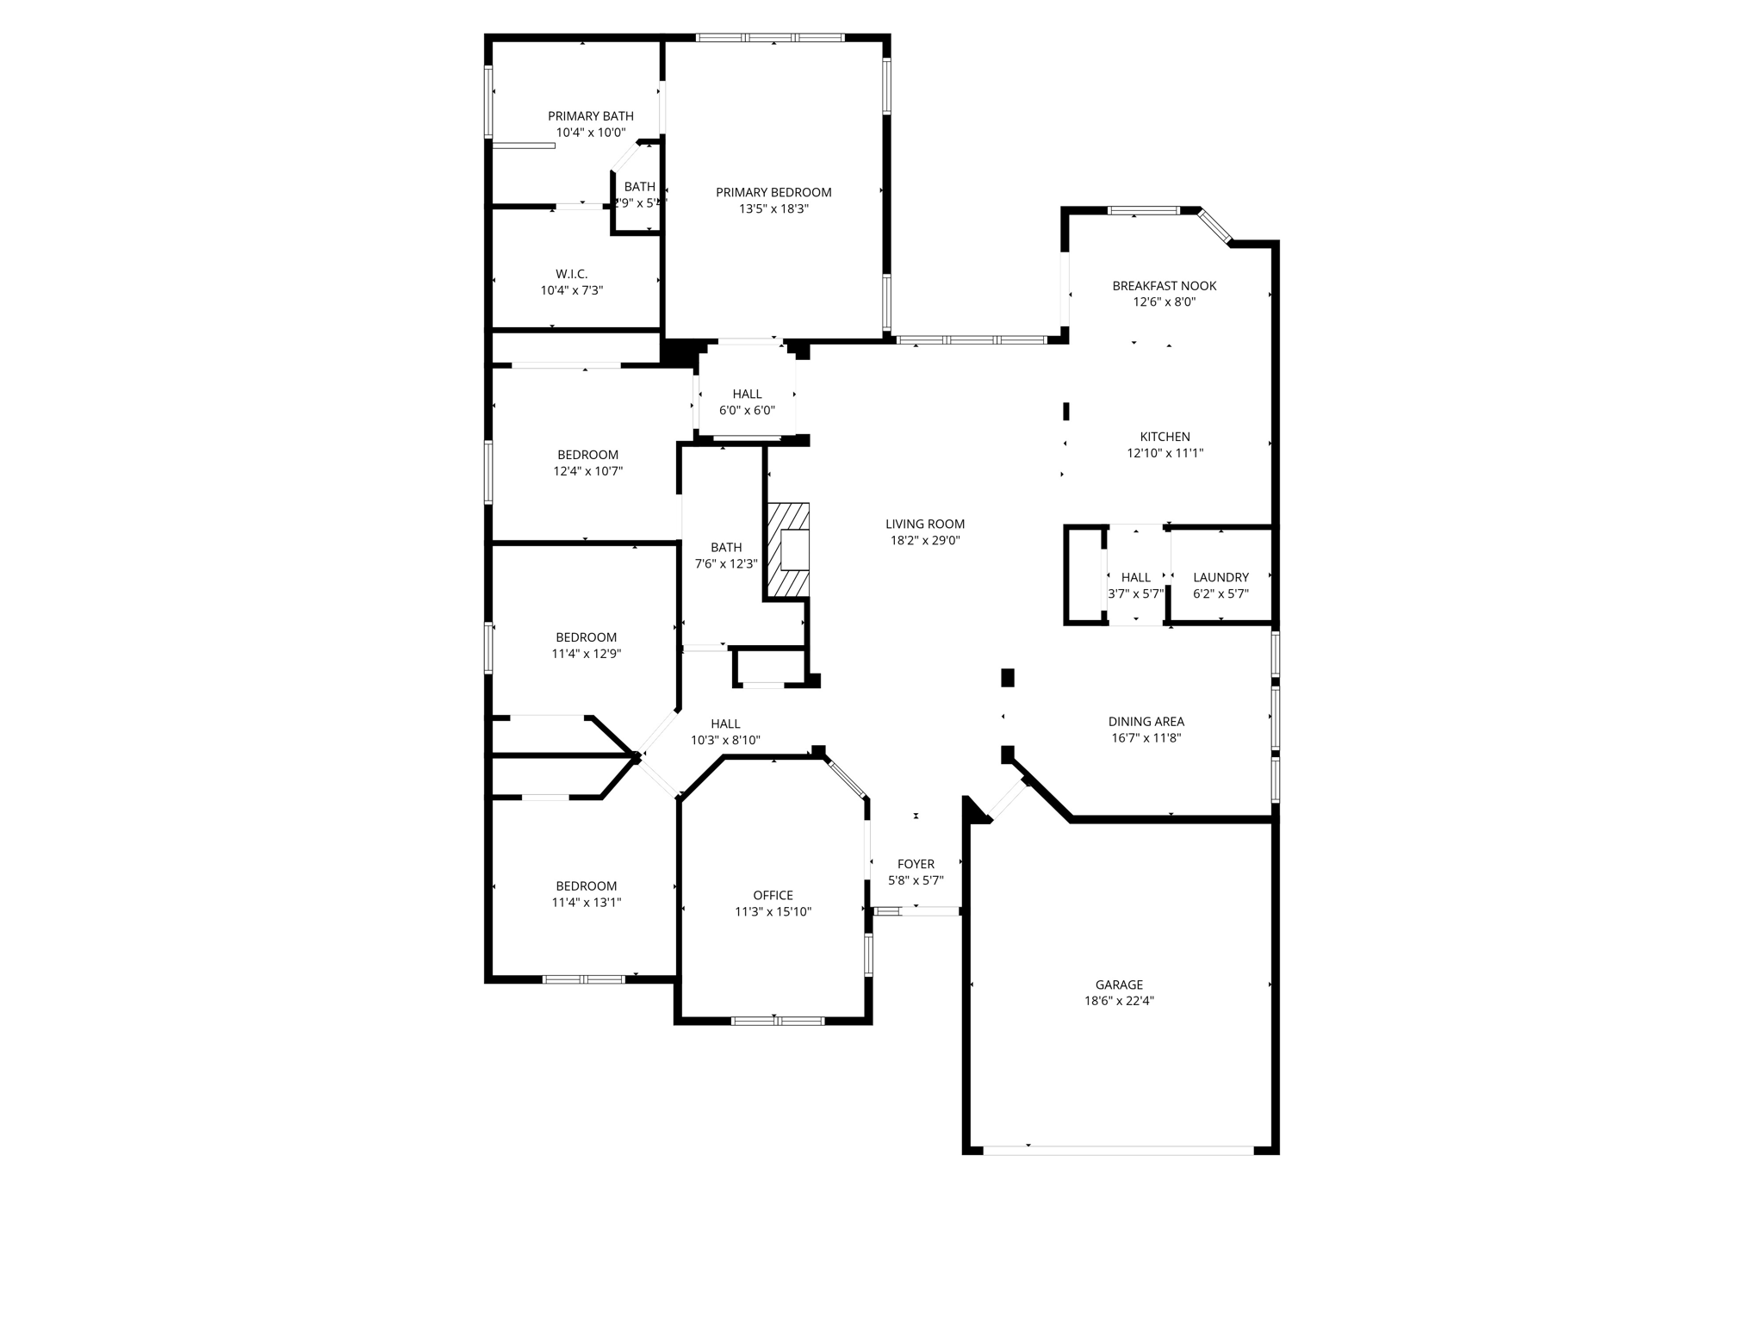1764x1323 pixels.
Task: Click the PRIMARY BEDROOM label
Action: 773,192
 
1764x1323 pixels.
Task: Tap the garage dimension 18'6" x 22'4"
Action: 1119,1001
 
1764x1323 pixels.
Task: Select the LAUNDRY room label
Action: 1221,577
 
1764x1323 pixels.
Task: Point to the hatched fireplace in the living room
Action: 789,550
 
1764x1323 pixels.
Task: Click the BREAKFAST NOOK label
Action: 1164,286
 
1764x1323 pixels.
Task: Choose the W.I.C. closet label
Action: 571,274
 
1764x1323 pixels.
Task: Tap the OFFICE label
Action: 773,895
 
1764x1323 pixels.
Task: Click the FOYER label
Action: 916,864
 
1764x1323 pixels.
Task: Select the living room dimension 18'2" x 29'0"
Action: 925,541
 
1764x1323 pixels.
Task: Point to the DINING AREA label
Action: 1146,722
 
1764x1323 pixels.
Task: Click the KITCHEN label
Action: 1165,437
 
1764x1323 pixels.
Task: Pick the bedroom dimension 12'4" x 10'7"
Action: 587,471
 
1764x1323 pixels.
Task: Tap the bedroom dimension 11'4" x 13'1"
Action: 586,903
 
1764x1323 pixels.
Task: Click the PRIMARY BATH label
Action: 591,116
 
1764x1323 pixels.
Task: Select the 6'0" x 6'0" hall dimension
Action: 747,411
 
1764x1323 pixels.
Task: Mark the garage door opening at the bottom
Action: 1118,1150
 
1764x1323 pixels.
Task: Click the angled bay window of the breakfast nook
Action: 1214,226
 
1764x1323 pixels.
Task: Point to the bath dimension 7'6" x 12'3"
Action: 726,564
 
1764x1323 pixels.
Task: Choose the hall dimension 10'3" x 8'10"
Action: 725,741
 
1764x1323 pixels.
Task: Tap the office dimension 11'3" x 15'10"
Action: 773,912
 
